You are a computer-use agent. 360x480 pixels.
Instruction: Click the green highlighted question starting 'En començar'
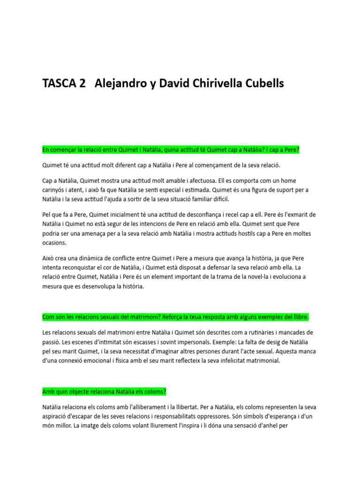tap(171, 150)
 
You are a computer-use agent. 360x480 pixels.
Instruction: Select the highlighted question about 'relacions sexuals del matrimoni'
tap(175, 317)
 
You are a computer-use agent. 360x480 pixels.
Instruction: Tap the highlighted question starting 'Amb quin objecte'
tap(104, 391)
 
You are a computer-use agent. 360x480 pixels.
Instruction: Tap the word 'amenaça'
tap(90, 233)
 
